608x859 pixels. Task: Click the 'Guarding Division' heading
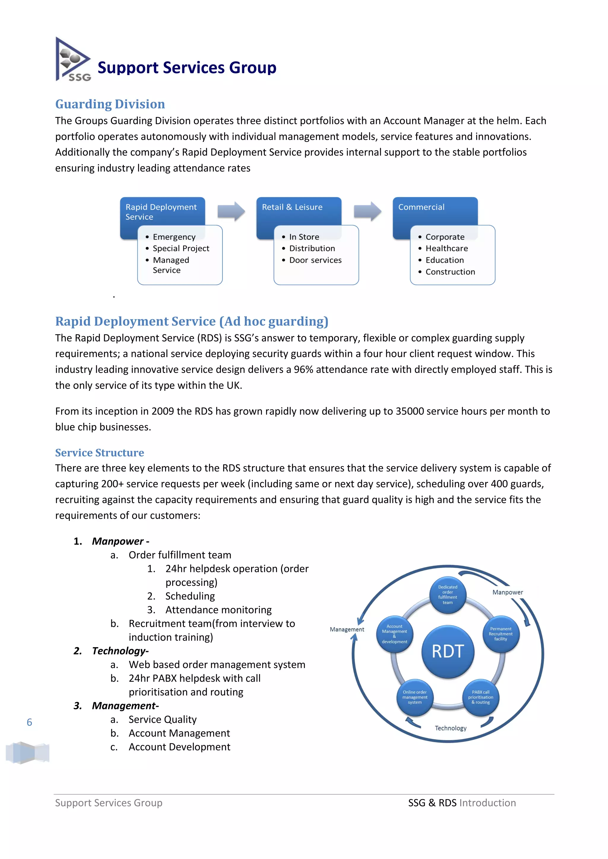[110, 104]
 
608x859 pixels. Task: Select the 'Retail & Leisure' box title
[292, 207]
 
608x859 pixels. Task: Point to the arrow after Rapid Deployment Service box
[231, 211]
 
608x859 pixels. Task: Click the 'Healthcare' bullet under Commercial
[446, 249]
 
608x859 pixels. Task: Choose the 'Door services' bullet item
[315, 260]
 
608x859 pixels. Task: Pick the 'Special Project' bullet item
[181, 249]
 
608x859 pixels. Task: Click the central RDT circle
[448, 651]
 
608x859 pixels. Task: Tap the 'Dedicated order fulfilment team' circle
[448, 595]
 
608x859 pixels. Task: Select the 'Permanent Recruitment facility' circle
[501, 634]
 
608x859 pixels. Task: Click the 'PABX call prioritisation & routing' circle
[481, 697]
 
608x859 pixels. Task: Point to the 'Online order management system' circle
[415, 697]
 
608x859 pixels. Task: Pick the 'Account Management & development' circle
[394, 634]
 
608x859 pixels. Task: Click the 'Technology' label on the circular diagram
[451, 728]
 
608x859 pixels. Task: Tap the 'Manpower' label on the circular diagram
[507, 592]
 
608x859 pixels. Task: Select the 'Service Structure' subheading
[99, 453]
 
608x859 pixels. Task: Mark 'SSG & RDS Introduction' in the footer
[462, 803]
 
